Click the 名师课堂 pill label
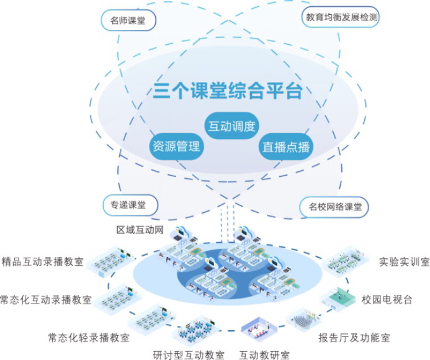click(x=128, y=20)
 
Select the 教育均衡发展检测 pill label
click(x=341, y=18)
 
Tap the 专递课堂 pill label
click(x=128, y=205)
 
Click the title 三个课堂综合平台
click(x=228, y=92)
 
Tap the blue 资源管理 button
click(x=176, y=147)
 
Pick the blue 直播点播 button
click(x=285, y=147)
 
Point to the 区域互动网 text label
click(x=140, y=230)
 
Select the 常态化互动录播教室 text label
click(x=46, y=300)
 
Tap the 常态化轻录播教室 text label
click(x=89, y=338)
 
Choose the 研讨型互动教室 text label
click(x=189, y=356)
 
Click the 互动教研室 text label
click(x=264, y=356)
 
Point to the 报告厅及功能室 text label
click(x=354, y=338)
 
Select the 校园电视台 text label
click(x=387, y=300)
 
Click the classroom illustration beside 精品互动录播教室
click(x=110, y=261)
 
